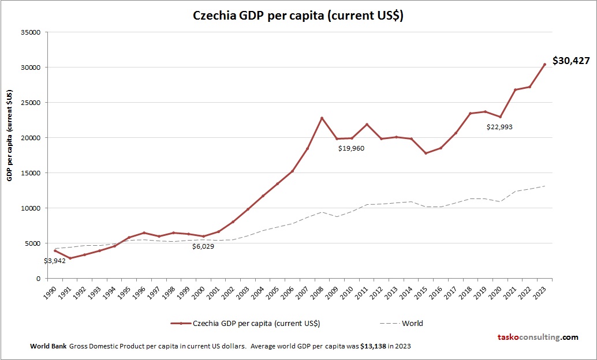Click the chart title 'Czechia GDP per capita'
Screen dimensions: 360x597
(x=298, y=16)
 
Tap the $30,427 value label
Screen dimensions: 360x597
(x=571, y=61)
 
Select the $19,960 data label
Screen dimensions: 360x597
(x=352, y=148)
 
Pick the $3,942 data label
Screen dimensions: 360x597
(x=54, y=261)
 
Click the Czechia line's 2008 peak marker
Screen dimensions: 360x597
(x=322, y=118)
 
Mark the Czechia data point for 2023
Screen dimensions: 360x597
(x=544, y=64)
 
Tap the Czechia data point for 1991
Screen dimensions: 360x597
(x=70, y=258)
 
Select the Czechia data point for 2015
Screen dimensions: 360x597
(x=426, y=153)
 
